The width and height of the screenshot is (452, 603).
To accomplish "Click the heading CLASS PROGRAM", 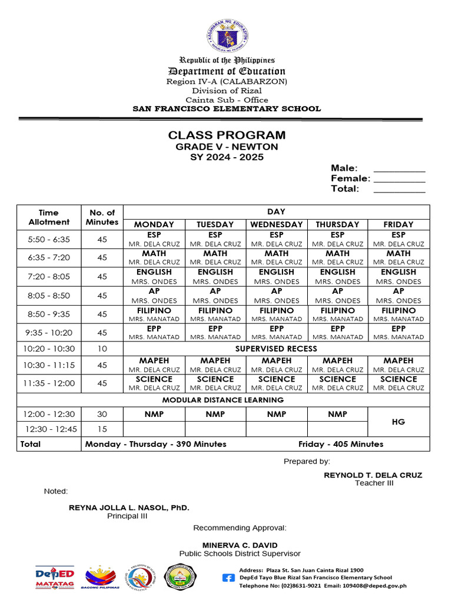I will click(227, 135).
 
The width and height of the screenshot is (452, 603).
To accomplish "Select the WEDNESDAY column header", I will click(276, 224).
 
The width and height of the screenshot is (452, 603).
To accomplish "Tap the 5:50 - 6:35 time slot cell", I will click(49, 239).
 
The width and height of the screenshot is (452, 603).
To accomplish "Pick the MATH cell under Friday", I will click(398, 257).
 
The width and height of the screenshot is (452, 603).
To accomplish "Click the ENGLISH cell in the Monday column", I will click(154, 276).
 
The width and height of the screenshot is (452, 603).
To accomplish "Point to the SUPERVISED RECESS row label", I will click(276, 349).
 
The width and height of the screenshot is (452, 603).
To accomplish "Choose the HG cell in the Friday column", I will click(398, 422).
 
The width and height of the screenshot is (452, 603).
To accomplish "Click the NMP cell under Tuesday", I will click(215, 415).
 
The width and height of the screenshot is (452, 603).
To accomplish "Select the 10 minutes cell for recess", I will click(102, 349).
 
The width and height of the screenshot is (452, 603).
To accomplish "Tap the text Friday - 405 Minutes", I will click(341, 444).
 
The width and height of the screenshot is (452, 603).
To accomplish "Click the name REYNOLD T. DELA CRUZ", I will click(373, 475).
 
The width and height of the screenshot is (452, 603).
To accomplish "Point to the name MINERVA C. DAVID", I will click(240, 545).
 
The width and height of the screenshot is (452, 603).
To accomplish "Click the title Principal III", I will click(127, 516).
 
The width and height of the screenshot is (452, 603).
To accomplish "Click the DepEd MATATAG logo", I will click(55, 577).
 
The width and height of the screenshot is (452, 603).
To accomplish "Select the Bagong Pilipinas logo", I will click(102, 578).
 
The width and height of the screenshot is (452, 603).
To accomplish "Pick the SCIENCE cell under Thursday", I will click(337, 383).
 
